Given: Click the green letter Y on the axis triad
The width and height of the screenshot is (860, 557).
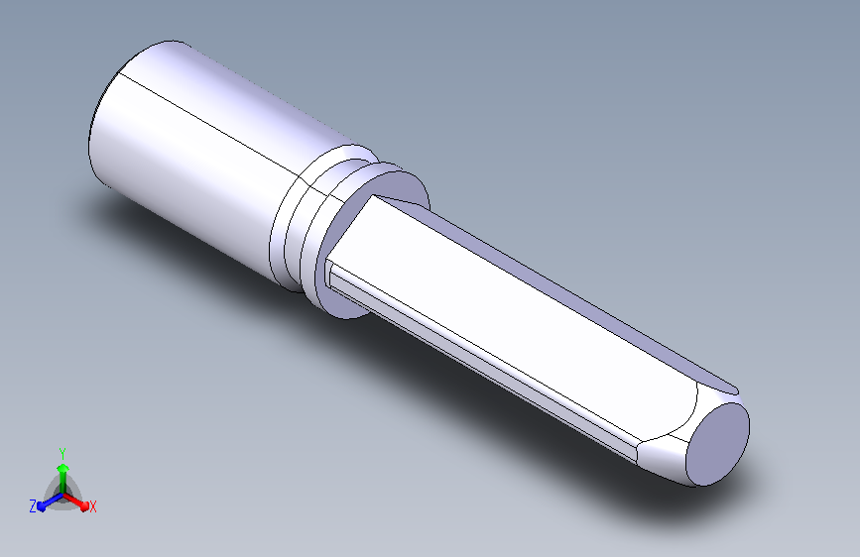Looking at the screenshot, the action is pyautogui.click(x=62, y=453).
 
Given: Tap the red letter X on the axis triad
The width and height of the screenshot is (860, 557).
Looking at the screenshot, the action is pyautogui.click(x=92, y=507).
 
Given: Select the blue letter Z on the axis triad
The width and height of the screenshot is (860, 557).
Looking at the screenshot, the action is pyautogui.click(x=33, y=506).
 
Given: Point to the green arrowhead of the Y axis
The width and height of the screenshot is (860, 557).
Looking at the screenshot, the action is pyautogui.click(x=62, y=468).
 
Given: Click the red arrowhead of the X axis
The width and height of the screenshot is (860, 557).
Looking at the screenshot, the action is pyautogui.click(x=84, y=505).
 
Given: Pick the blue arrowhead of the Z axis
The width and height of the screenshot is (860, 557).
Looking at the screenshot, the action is pyautogui.click(x=41, y=506).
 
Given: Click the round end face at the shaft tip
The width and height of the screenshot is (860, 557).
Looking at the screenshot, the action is pyautogui.click(x=718, y=444).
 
